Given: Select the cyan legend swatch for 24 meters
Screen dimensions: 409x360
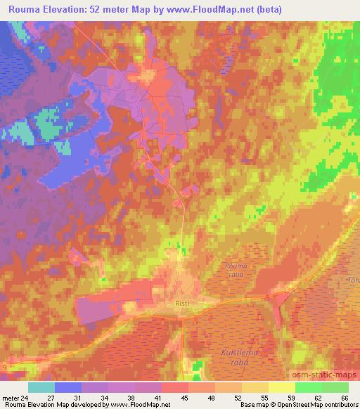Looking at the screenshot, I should [41, 387].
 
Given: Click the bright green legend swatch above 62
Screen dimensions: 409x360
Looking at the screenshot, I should [309, 387].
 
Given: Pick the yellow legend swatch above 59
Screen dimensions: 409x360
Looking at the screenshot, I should [282, 387].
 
